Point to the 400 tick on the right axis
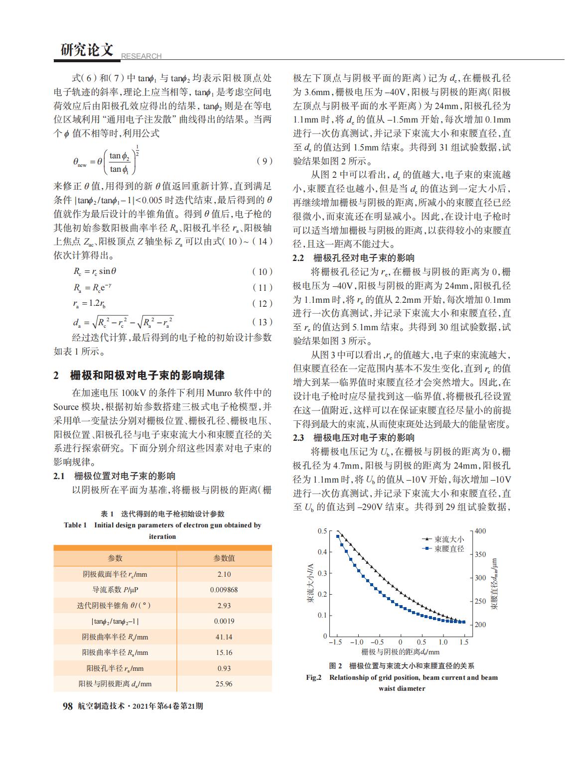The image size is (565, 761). coord(480,531)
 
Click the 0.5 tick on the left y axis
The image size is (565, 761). coord(322,531)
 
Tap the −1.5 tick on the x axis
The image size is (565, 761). coord(336,642)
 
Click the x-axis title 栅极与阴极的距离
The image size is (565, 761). coord(401,652)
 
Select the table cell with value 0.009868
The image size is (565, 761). coord(224,590)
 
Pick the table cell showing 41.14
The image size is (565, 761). coord(224,637)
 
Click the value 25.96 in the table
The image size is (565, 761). coord(224,684)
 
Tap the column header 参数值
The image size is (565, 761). coord(224,558)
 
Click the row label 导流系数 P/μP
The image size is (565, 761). coord(115,590)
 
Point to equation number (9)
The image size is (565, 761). coord(264,161)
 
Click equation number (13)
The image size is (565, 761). coord(263,322)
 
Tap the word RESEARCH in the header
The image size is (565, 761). coord(141,56)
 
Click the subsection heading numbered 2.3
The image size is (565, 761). coord(354,438)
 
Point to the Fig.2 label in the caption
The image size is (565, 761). coord(314,677)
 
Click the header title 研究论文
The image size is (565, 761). coord(87,50)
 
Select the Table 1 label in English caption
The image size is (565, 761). coord(75,525)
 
